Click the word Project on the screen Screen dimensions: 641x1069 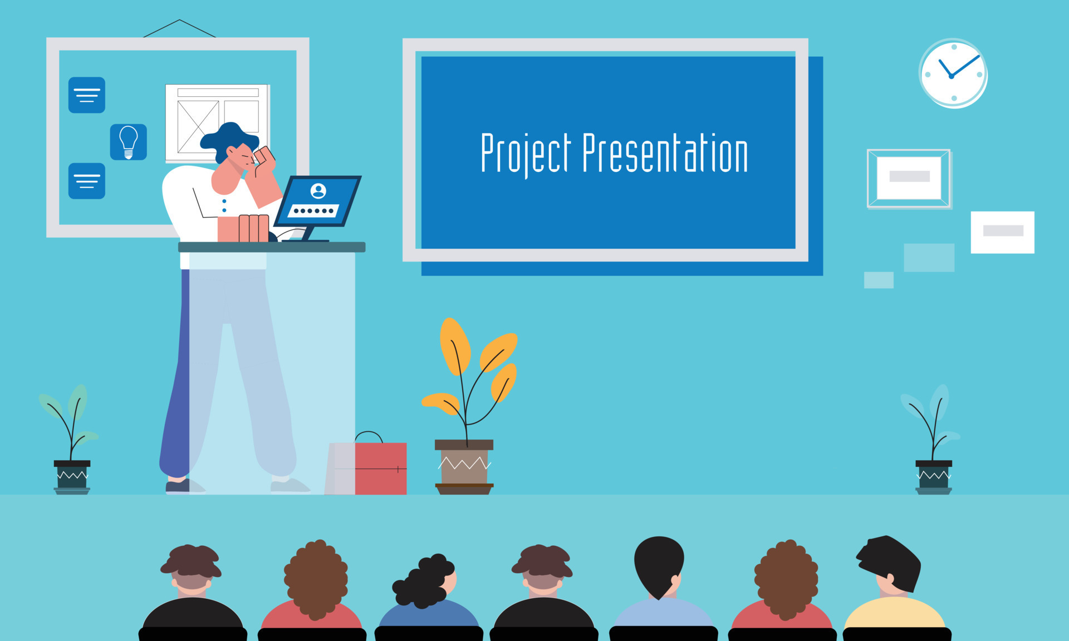[x=526, y=153]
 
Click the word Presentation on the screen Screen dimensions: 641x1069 [x=665, y=153]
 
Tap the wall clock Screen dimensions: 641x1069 [x=953, y=73]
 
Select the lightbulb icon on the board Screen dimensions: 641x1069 [x=129, y=142]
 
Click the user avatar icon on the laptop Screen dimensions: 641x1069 [x=318, y=191]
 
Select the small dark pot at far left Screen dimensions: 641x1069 [x=72, y=476]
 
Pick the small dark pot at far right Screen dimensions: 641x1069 [x=934, y=476]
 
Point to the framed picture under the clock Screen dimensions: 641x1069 [x=909, y=178]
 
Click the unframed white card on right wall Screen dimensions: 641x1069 [x=1002, y=232]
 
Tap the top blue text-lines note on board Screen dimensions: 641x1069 [x=87, y=95]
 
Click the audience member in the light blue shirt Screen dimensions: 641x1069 [x=663, y=612]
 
